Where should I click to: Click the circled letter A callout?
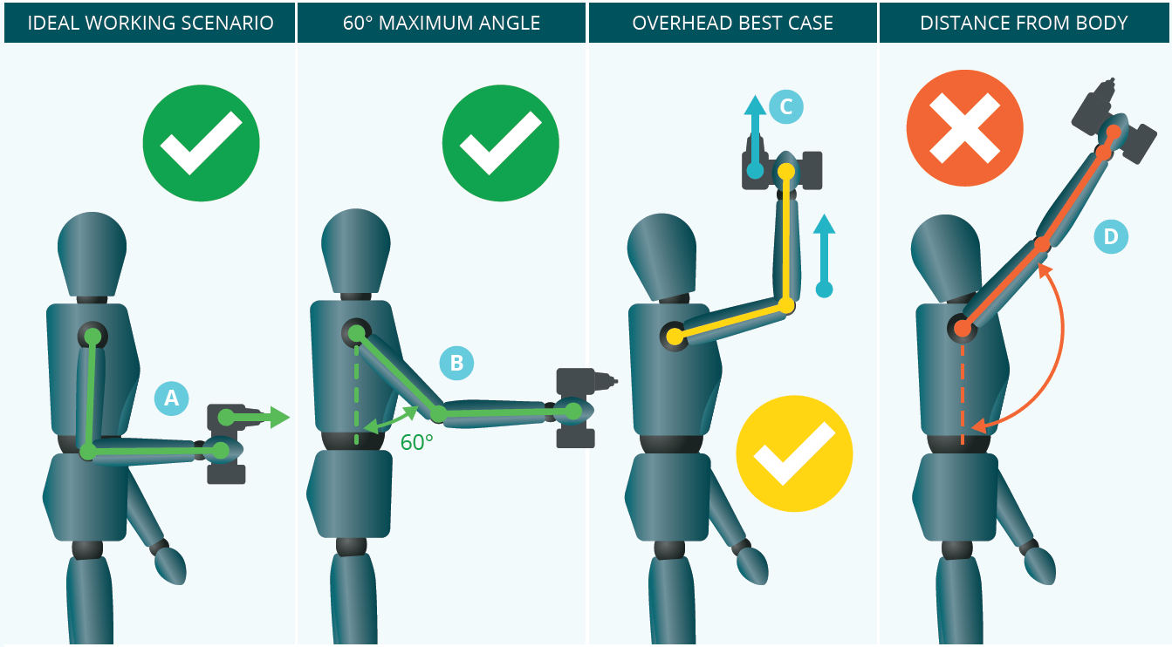point(171,398)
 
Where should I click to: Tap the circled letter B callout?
point(456,363)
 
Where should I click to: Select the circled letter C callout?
point(785,106)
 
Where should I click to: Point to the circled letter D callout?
point(1110,236)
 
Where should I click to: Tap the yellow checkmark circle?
point(793,454)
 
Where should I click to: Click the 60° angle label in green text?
point(417,442)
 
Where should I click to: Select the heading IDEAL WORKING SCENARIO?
point(149,23)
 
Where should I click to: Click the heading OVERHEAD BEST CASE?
point(732,23)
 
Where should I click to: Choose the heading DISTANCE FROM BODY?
point(1025,23)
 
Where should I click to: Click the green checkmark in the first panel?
point(201,143)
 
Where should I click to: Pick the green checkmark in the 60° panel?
point(500,143)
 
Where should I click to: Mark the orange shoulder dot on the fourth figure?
point(962,329)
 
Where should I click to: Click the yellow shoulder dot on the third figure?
point(674,335)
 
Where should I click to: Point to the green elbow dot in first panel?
point(88,452)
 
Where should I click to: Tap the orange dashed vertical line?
point(962,392)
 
